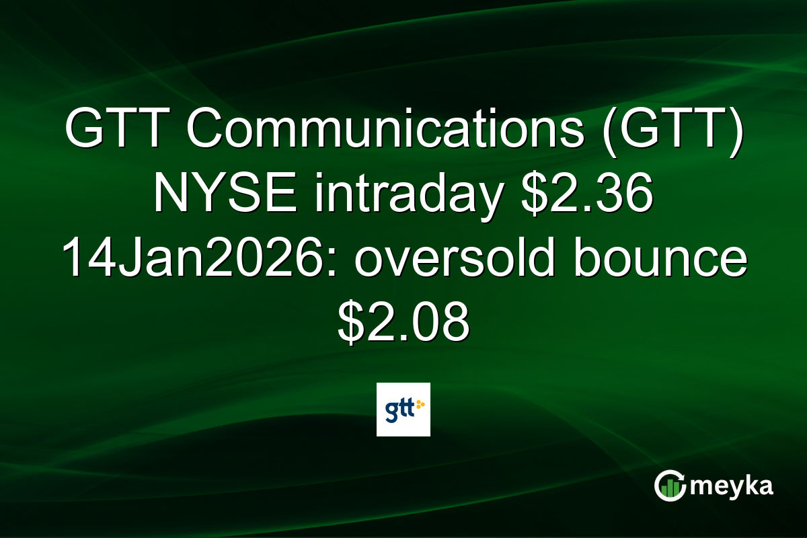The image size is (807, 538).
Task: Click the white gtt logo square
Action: coord(403,410)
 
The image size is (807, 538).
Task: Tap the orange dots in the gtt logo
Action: coord(421,404)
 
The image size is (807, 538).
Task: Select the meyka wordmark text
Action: coord(733,486)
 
